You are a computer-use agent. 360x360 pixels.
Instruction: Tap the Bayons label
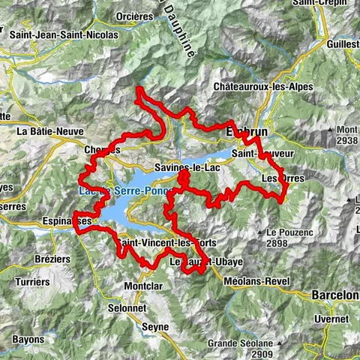pyautogui.click(x=28, y=339)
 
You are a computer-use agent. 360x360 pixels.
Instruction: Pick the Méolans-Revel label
pyautogui.click(x=256, y=281)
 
